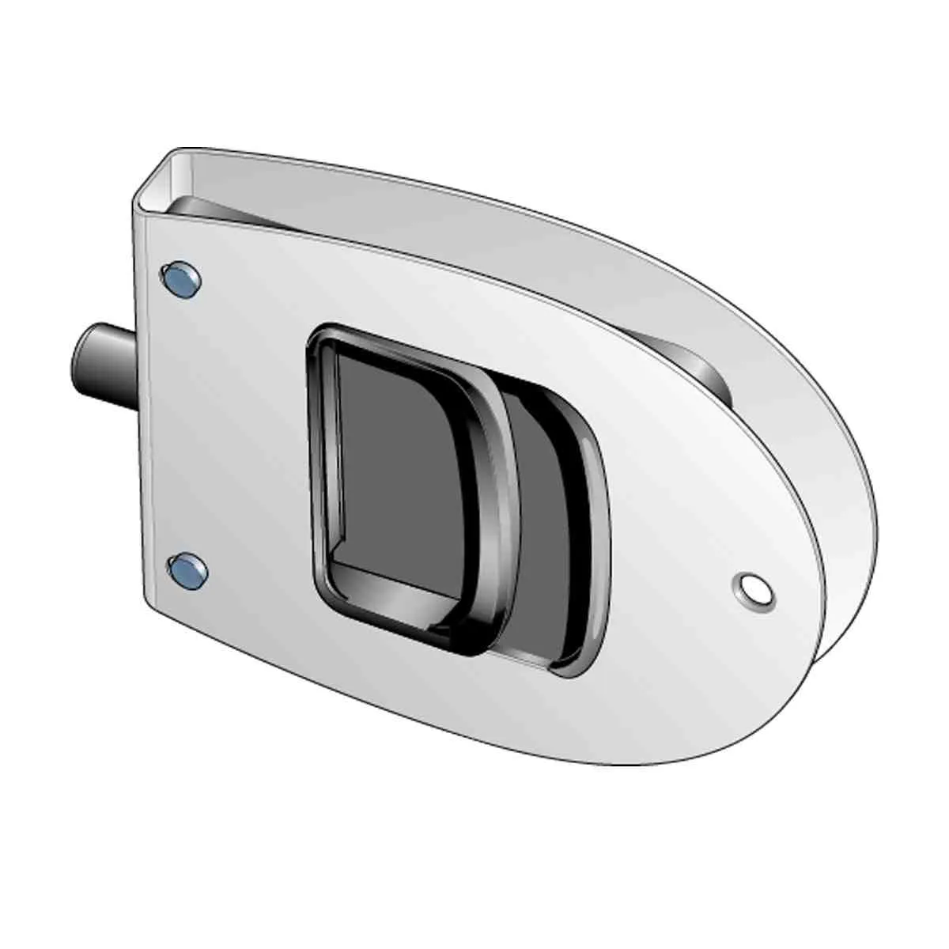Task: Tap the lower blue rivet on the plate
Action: click(187, 569)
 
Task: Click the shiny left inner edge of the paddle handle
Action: click(330, 459)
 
